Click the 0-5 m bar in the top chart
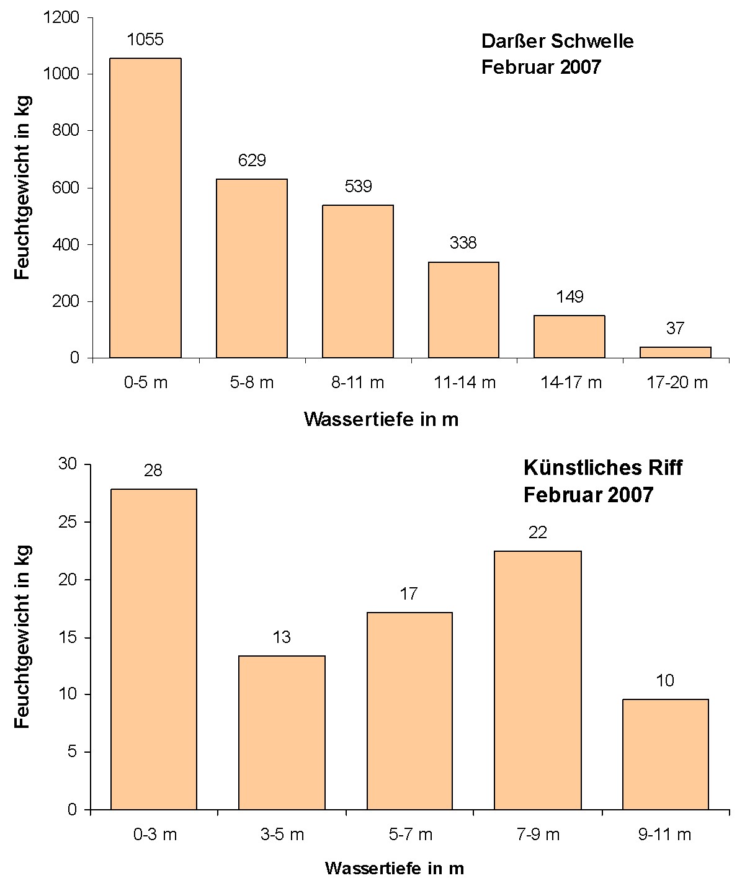pos(145,208)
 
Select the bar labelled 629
pos(251,268)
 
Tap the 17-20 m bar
pos(675,352)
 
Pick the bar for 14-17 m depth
pos(569,337)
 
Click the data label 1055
pos(145,40)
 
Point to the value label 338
pos(463,242)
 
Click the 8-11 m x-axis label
pos(357,383)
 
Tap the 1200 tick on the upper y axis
pos(62,18)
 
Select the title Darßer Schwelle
pos(557,42)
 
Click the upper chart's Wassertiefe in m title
pos(381,420)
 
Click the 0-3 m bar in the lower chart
pos(153,649)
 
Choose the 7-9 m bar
pos(537,680)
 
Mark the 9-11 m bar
pos(665,754)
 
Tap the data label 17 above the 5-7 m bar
pos(408,594)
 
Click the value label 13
pos(282,637)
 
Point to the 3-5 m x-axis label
pos(282,835)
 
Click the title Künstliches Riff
pos(602,468)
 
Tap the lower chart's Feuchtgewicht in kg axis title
pos(22,637)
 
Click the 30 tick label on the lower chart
pos(68,464)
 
